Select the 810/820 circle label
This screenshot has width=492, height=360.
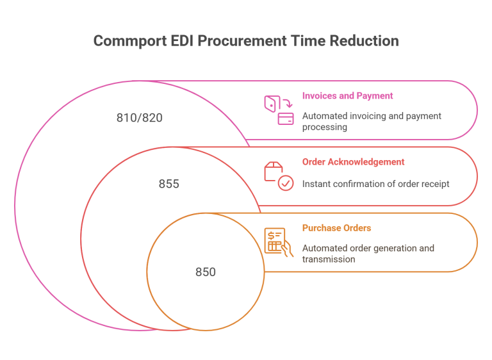coord(135,118)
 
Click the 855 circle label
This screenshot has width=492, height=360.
coord(169,184)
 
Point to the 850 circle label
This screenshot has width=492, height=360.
coord(205,272)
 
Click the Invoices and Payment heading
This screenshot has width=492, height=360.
coord(347,95)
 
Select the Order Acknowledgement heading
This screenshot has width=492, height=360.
coord(353,162)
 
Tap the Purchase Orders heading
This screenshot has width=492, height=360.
coord(336,228)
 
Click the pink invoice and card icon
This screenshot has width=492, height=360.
coord(279,110)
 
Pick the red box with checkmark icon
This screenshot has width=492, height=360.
coord(279,176)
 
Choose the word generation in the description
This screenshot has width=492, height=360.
coord(391,248)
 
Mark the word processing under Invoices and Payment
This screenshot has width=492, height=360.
coord(324,127)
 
